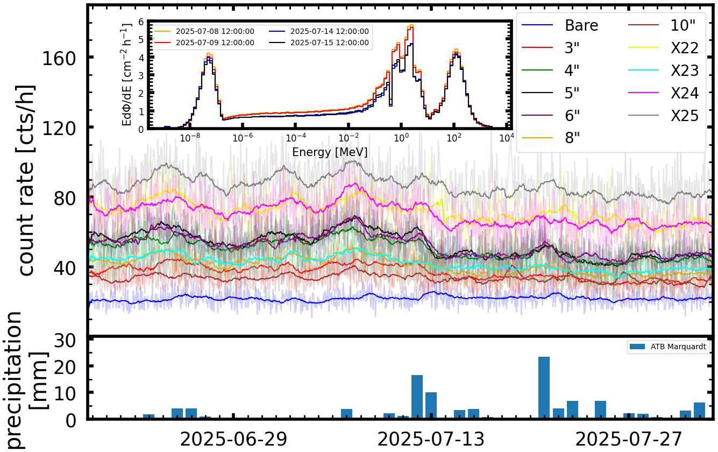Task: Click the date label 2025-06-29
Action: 233,440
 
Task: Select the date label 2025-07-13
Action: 431,440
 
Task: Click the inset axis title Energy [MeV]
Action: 330,153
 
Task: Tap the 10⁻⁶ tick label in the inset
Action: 243,138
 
